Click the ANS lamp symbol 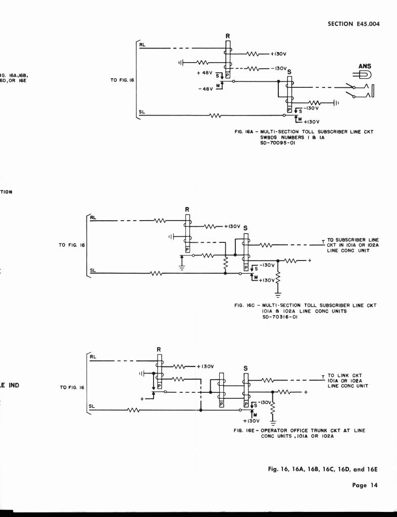pos(365,75)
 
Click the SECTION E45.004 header pos(353,24)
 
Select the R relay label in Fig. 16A pos(228,36)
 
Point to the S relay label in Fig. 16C pos(245,228)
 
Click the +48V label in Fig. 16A pos(206,73)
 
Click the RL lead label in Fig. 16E pos(92,357)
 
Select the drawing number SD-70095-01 pos(277,142)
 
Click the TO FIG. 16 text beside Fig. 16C pos(72,245)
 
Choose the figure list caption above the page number pos(323,469)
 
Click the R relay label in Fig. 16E pos(159,349)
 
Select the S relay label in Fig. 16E pos(245,368)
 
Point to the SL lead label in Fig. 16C pos(92,271)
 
